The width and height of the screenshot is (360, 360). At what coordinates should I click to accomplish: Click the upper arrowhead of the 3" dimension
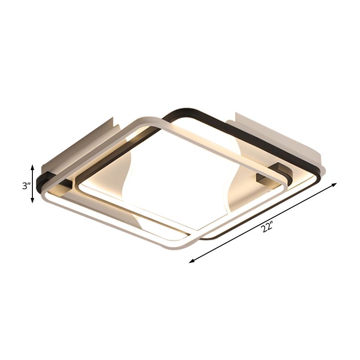point(32,167)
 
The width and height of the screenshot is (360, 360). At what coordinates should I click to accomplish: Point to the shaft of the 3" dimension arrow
point(32,184)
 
